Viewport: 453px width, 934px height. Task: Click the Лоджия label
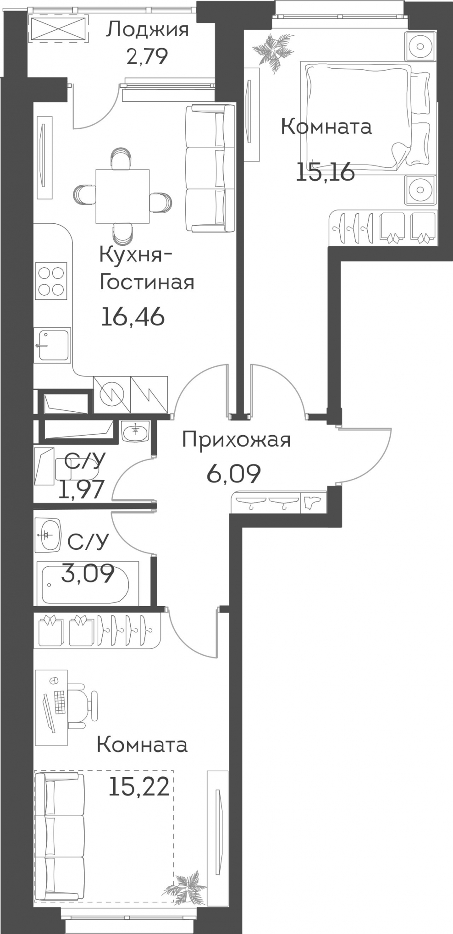[x=147, y=30]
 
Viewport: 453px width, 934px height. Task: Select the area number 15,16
[x=326, y=173]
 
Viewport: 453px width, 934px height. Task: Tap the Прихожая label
[x=237, y=440]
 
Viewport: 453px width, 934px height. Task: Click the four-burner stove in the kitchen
[x=51, y=281]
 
